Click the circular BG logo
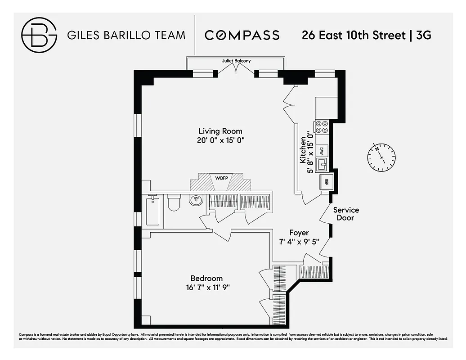tap(39, 35)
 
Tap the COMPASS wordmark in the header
tap(242, 35)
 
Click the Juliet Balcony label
tap(236, 61)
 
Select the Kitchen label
tap(303, 151)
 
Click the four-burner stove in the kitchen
tap(322, 127)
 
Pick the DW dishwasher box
tap(322, 151)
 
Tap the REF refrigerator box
tap(326, 182)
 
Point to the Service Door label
tap(346, 214)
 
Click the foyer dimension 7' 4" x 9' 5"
tap(299, 242)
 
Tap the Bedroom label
tap(206, 279)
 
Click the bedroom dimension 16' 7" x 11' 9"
tap(206, 288)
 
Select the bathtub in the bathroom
tap(152, 211)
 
